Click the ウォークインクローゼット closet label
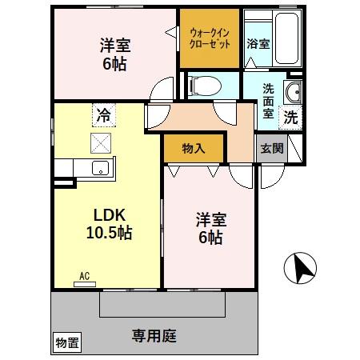click(208, 38)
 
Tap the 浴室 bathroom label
click(258, 45)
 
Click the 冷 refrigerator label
click(102, 114)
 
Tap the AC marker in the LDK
click(84, 277)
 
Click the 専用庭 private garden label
click(154, 336)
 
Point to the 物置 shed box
click(67, 343)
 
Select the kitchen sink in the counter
click(100, 168)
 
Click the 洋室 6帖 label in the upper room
click(114, 53)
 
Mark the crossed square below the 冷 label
click(102, 143)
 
